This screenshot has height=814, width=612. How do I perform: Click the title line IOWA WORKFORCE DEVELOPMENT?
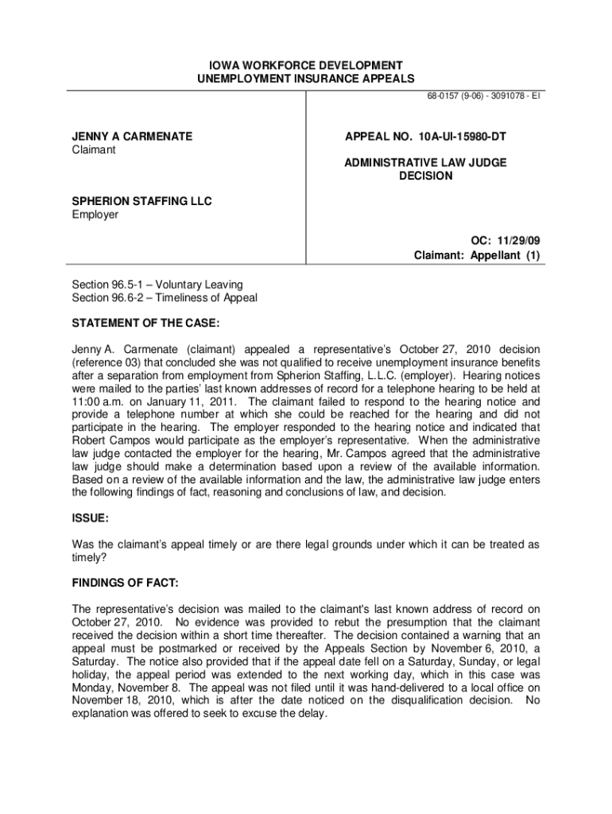[x=305, y=64]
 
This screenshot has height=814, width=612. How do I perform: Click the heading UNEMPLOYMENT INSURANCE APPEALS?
[x=305, y=79]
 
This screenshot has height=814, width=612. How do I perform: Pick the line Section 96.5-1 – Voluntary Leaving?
[x=157, y=285]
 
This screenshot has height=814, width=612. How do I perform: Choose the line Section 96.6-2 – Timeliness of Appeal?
[x=165, y=298]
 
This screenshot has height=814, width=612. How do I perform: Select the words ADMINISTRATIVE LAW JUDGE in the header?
[x=425, y=162]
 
